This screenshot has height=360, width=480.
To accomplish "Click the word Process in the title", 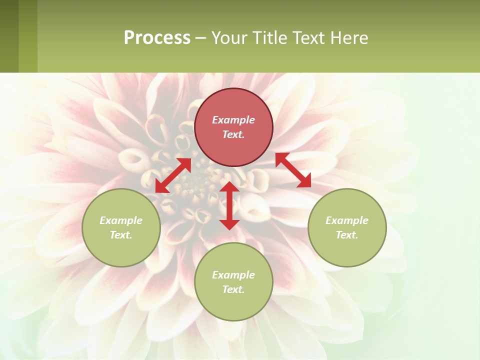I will [x=157, y=38].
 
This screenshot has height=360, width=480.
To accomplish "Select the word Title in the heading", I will [x=268, y=38].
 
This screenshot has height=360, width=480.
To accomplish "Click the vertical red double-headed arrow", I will [x=229, y=205].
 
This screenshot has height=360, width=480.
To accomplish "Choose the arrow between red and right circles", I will [x=293, y=170].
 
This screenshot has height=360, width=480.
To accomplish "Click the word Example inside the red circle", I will [x=233, y=120].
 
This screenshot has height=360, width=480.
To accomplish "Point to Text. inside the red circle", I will [x=233, y=134].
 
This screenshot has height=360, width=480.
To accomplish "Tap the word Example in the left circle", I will [x=121, y=220].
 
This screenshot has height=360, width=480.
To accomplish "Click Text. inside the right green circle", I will [x=346, y=235].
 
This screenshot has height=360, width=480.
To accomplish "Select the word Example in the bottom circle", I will [x=233, y=275].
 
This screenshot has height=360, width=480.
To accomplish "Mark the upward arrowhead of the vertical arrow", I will [x=229, y=186].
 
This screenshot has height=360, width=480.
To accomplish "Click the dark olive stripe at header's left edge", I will [x=9, y=36].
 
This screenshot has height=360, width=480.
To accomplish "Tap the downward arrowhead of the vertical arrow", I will [x=229, y=224].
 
